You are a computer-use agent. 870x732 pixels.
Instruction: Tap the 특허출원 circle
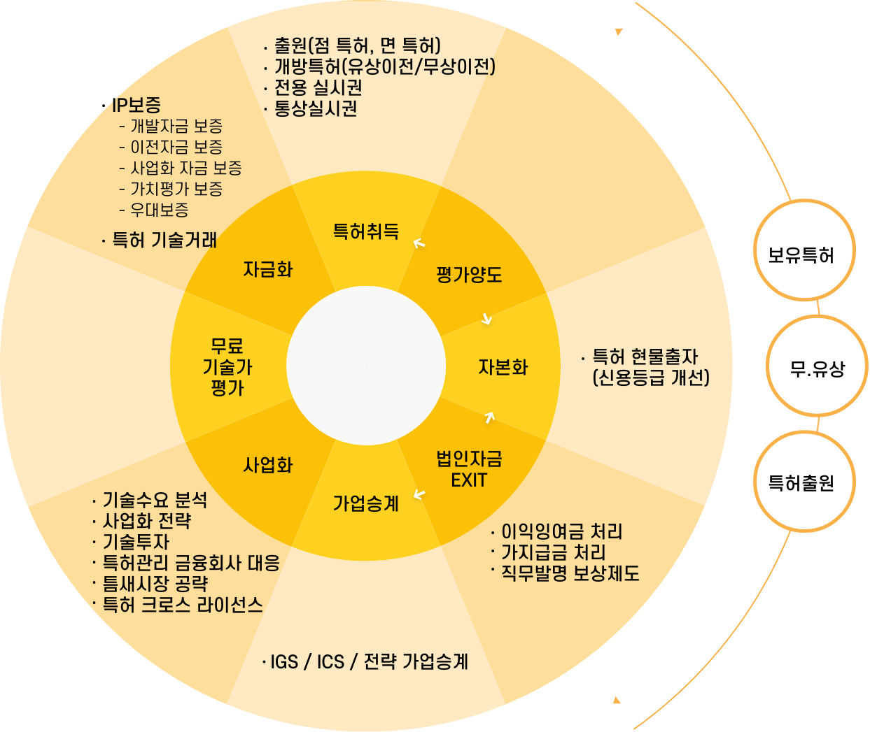[804, 482]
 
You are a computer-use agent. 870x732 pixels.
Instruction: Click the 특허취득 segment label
[365, 231]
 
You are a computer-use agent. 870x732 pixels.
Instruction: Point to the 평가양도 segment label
[469, 274]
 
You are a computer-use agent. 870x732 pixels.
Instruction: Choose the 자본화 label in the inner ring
[503, 367]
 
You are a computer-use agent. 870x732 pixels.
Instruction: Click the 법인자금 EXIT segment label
[469, 469]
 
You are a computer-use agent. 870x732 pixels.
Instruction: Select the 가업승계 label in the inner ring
[365, 503]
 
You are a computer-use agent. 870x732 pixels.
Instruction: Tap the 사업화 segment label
[268, 465]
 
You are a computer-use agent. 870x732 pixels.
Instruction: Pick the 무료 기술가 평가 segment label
[227, 367]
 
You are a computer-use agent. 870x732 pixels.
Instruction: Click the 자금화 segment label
[268, 269]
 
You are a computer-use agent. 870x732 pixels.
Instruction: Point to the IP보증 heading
[137, 106]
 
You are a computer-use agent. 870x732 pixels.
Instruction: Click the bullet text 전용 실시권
[318, 87]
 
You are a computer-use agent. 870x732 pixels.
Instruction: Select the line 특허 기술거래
[164, 241]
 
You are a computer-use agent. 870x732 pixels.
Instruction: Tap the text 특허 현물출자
[645, 357]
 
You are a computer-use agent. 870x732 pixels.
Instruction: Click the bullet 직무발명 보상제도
[570, 574]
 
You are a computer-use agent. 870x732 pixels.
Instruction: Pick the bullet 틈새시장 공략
[155, 584]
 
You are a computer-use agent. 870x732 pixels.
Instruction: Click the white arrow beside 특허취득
[419, 243]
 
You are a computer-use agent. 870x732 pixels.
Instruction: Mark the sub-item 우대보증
[159, 210]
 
